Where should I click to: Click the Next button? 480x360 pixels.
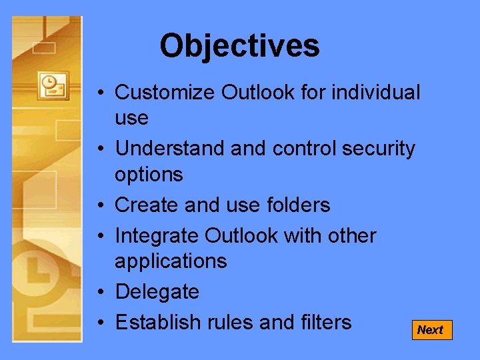click(x=431, y=330)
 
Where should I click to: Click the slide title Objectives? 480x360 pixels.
click(x=239, y=46)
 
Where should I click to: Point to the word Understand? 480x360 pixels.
click(x=170, y=149)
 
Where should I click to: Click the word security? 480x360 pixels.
click(x=378, y=149)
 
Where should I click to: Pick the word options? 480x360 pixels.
click(x=149, y=175)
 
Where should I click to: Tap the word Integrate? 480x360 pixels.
click(x=157, y=235)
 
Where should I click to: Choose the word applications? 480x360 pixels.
click(x=171, y=261)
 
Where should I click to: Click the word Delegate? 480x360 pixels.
click(x=157, y=292)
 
